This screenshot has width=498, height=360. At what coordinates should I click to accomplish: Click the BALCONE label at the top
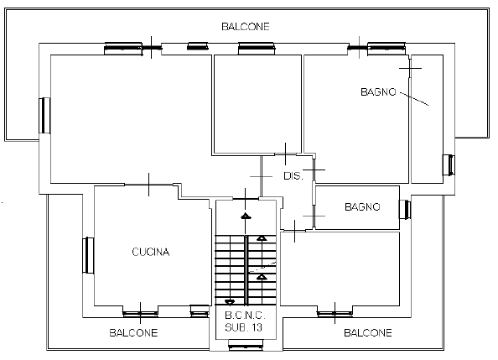pos(246,26)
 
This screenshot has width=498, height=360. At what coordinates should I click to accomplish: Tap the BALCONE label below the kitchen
pos(133,332)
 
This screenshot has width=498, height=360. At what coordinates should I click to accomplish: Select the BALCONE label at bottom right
pos(368,332)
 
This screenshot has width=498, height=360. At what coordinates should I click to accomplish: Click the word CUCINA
pos(151,252)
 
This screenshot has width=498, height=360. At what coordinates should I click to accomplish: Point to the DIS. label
pos(293,176)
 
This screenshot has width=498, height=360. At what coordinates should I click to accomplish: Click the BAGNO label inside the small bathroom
pos(362,207)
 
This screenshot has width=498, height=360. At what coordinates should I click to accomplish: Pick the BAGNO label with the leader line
pos(378,92)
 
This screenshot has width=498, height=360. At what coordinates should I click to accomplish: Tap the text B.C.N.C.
pos(245,316)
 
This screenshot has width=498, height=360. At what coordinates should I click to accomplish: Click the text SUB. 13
pos(244,327)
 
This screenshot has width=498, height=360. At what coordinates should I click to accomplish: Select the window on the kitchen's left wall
pos(88,255)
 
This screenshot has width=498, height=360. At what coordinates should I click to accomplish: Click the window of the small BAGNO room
pos(405,209)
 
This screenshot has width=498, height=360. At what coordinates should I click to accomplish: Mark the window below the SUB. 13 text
pos(246,345)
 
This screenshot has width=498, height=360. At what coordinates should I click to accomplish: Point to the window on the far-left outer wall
pos(44,116)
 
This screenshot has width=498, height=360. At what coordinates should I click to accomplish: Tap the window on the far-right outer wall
pos(449,165)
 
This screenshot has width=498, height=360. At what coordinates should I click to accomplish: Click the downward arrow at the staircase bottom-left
pos(230,302)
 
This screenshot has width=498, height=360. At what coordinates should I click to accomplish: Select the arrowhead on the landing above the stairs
pos(246,217)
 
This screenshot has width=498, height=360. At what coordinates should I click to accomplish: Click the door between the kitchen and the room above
pos(148,185)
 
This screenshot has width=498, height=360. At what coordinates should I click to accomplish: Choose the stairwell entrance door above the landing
pos(246,199)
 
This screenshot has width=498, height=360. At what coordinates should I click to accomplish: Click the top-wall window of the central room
pos(257,49)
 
